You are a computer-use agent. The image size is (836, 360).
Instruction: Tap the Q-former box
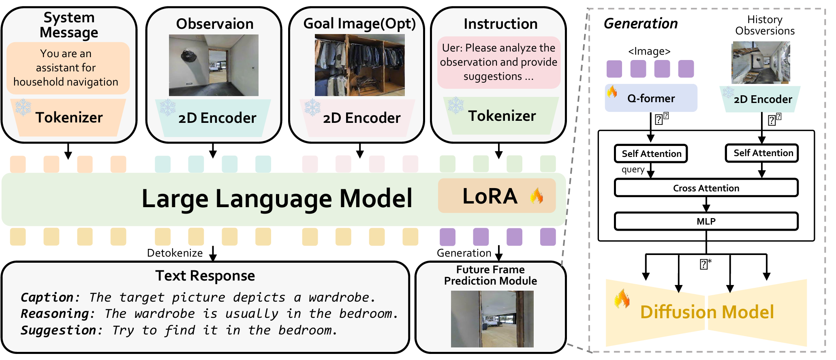tap(651, 98)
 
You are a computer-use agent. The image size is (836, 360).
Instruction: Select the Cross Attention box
tap(706, 188)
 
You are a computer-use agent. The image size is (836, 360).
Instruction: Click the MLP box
tap(706, 221)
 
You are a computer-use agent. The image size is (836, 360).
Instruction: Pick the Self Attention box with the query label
tap(651, 154)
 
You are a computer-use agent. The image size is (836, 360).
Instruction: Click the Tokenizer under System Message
tap(69, 118)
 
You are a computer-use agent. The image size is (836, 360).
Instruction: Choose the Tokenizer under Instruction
tap(502, 116)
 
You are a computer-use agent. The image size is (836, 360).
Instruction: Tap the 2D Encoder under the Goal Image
tap(361, 118)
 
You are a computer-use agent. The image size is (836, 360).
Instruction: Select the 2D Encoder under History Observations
tap(762, 99)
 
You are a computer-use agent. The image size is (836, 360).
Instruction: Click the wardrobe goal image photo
tap(359, 65)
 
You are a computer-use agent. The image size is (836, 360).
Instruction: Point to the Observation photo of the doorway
tap(214, 65)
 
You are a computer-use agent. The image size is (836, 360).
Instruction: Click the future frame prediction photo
tap(492, 319)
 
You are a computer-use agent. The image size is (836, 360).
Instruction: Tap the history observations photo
tap(761, 63)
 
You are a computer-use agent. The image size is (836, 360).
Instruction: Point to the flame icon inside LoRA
tap(537, 196)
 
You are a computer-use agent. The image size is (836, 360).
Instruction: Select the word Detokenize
tap(175, 253)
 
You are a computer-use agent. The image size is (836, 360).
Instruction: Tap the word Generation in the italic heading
tap(640, 24)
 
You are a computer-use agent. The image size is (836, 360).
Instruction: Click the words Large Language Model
tap(277, 199)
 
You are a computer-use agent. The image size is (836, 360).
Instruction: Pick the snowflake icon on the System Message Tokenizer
tap(23, 107)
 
